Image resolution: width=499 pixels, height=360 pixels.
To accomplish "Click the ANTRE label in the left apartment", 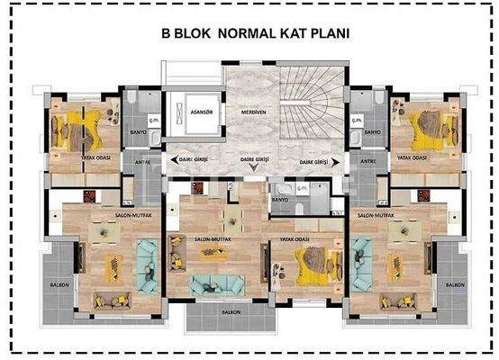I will tap(142, 162).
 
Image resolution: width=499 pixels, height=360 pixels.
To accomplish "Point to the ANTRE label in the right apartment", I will tap(367, 161).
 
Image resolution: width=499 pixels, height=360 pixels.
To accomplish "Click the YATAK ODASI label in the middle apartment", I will tap(295, 238).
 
